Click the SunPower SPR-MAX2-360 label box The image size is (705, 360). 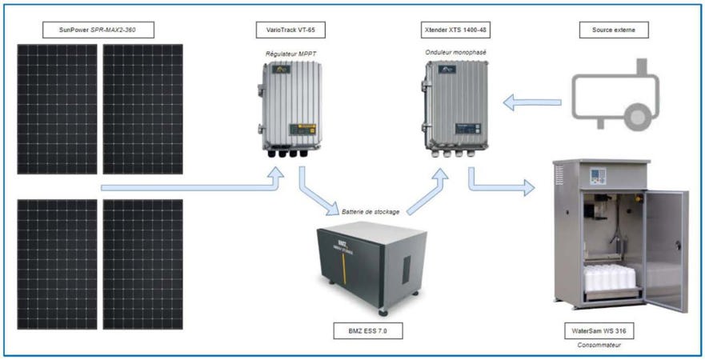98,31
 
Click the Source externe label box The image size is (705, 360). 614,31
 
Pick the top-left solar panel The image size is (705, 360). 57,109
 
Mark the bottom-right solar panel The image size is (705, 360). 142,264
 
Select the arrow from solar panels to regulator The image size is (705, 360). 192,188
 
